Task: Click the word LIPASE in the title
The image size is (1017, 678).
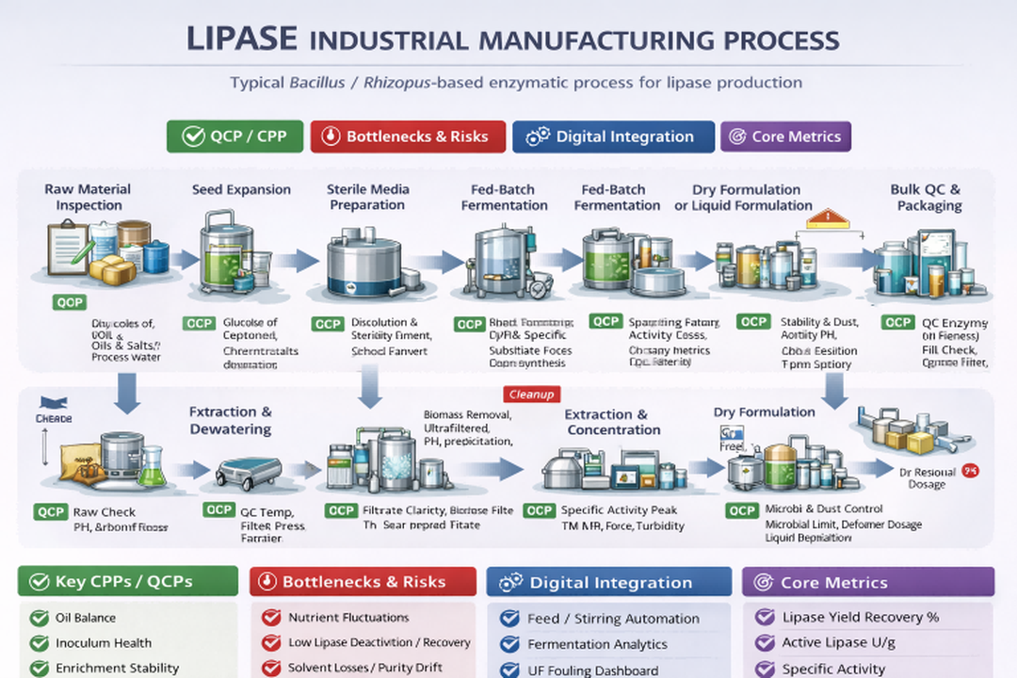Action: point(242,40)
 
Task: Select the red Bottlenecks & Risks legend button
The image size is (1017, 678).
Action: point(407,137)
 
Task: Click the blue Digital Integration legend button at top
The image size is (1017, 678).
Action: point(612,137)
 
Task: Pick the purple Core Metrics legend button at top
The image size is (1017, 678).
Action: point(785,137)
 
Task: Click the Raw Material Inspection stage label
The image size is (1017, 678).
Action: point(88,197)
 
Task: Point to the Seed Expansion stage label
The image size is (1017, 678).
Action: point(241,189)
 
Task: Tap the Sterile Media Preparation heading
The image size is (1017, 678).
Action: point(367,197)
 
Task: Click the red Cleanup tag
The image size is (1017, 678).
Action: point(531,395)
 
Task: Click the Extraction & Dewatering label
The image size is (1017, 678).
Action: point(230,420)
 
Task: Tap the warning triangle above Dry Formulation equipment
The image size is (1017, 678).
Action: point(828,219)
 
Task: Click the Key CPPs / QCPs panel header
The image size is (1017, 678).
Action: point(128,581)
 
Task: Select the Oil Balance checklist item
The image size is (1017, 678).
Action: point(85,618)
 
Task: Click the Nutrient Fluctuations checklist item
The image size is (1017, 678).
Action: point(348,618)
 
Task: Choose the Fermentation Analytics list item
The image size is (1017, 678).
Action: point(597,644)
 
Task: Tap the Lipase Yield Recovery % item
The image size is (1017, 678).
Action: point(860,618)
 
